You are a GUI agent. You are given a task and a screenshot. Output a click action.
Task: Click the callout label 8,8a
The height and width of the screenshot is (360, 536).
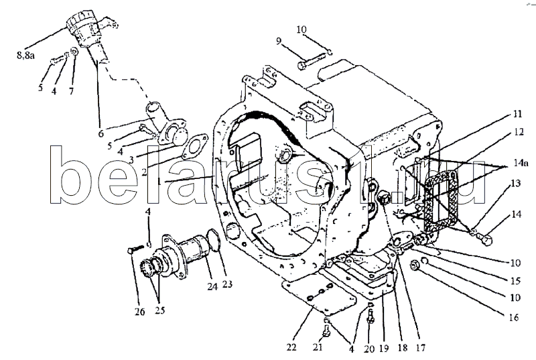pyautogui.click(x=25, y=55)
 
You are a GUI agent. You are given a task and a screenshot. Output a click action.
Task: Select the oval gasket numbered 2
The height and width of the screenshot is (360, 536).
pyautogui.click(x=194, y=147)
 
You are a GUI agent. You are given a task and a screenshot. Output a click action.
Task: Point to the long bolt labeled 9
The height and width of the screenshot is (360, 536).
pyautogui.click(x=311, y=61)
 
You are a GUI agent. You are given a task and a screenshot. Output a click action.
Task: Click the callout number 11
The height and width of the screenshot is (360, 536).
pyautogui.click(x=517, y=113)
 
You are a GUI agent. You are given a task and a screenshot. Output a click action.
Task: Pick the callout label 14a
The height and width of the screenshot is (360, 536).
pyautogui.click(x=521, y=163)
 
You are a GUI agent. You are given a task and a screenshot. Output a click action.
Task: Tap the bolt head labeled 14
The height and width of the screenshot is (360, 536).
pyautogui.click(x=487, y=239)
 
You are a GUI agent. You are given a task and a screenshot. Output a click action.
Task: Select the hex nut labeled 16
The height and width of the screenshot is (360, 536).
pyautogui.click(x=415, y=265)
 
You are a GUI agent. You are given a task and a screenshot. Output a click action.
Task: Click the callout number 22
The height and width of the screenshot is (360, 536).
pyautogui.click(x=291, y=347)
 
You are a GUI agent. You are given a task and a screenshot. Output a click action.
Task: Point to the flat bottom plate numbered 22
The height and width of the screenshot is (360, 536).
pyautogui.click(x=318, y=294)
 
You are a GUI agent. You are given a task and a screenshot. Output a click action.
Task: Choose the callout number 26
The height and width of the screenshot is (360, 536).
pyautogui.click(x=139, y=312)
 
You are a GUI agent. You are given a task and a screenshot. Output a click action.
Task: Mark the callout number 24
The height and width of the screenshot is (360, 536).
pyautogui.click(x=212, y=286)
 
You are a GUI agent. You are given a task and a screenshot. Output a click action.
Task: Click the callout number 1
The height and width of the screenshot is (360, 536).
pyautogui.click(x=159, y=181)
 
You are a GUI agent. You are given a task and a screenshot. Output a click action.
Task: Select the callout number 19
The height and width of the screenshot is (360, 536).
pyautogui.click(x=384, y=349)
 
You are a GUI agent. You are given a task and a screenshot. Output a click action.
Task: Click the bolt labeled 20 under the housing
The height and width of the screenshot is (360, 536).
pyautogui.click(x=371, y=317)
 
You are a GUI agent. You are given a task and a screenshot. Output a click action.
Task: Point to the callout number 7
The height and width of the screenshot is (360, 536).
pyautogui.click(x=71, y=91)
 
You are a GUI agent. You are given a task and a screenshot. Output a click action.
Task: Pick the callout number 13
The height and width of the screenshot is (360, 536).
pyautogui.click(x=516, y=184)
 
